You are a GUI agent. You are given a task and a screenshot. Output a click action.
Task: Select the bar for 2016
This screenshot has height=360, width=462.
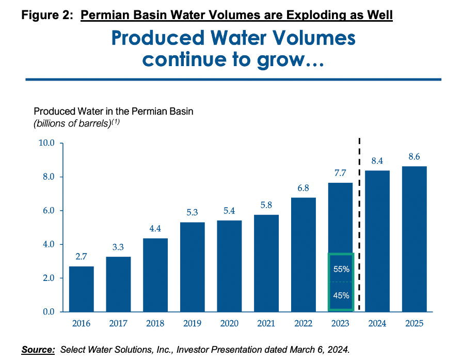pos(82,289)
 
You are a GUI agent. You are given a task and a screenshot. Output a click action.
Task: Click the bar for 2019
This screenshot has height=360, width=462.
pos(193,267)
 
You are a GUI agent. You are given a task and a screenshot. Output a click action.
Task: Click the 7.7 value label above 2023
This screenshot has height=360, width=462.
pos(340,172)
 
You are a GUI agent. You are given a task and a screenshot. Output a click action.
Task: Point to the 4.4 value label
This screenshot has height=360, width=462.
pos(155,228)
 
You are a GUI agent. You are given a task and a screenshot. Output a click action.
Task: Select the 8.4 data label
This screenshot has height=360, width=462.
pos(377,161)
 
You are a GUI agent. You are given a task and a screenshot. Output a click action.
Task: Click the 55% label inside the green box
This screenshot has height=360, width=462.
pos(341,269)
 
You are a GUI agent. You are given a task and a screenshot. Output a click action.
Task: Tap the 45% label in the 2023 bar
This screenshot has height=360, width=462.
pos(341,296)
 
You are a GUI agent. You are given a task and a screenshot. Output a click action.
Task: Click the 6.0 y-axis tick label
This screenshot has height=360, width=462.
pos(47,211)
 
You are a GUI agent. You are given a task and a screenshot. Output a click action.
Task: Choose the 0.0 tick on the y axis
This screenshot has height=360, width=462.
pos(47,312)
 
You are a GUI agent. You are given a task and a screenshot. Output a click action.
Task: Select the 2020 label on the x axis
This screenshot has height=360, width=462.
pos(229,324)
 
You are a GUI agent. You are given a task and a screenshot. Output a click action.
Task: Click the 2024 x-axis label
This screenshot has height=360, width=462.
pos(377,324)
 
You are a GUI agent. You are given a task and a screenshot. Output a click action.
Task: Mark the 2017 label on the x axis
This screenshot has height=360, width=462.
pos(118,324)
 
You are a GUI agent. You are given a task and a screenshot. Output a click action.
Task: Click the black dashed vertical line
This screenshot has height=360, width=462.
pos(359,222)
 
